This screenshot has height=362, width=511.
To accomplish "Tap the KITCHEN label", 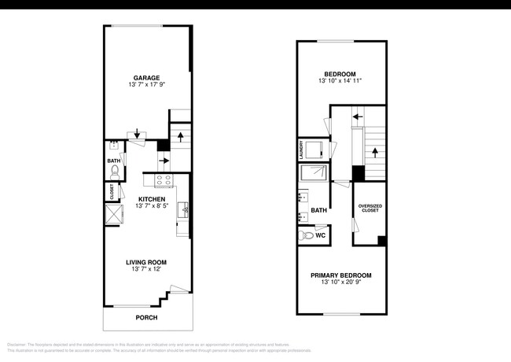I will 152,198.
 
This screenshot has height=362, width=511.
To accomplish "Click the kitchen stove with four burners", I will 164,181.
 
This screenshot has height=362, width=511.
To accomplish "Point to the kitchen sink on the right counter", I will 184,209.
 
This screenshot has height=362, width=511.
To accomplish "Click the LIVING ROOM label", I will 147,262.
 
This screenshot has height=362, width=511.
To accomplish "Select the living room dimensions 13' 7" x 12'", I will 147,270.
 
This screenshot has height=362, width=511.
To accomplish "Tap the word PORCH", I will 146,318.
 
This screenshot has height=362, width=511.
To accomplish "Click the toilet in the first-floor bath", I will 115,169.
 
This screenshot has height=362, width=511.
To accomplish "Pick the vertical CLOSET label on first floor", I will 111,191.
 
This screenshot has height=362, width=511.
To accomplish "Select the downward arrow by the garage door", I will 138,135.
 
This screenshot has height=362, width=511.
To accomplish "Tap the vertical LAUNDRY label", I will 300,148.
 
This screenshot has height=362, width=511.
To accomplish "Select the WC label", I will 320,235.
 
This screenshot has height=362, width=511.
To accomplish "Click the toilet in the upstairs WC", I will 307,235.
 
